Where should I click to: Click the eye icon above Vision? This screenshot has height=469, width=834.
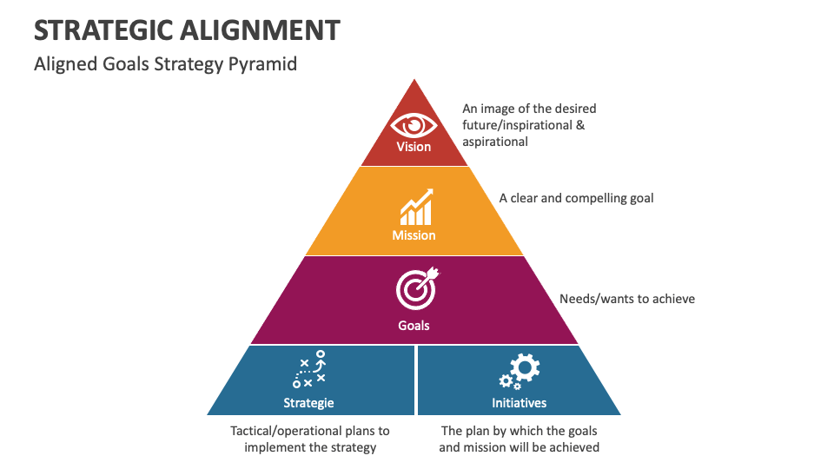point(414,125)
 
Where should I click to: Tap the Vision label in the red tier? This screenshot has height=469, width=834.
point(414,147)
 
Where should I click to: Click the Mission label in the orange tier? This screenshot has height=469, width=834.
point(414,235)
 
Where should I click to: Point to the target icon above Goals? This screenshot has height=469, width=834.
point(416,288)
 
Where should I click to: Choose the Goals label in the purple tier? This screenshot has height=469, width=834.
point(414,326)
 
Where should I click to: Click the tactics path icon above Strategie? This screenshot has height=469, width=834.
point(309,369)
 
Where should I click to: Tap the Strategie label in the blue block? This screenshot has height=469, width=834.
point(308,403)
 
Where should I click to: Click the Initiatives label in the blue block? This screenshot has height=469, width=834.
point(520,403)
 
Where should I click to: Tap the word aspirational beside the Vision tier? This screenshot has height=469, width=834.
point(495,141)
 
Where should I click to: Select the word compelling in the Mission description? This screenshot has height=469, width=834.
point(597,198)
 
